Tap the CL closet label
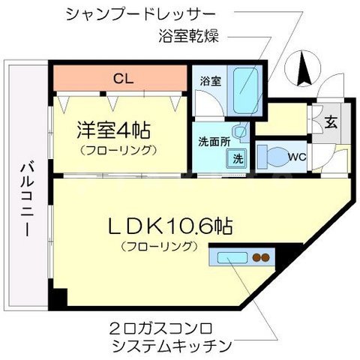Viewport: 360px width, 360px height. (x=119, y=76)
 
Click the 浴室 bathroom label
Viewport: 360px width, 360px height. (x=209, y=81)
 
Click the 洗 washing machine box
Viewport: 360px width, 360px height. (x=235, y=159)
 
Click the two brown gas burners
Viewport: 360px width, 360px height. (x=260, y=258)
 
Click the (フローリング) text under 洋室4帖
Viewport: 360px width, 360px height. (x=119, y=149)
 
